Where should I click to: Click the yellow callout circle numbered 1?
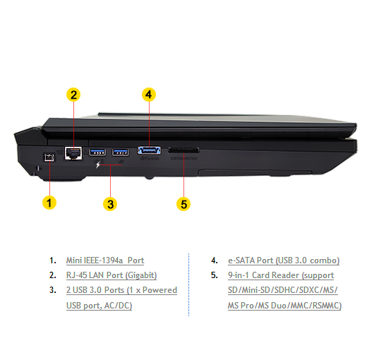(x=49, y=203)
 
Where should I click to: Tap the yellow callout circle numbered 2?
(x=73, y=95)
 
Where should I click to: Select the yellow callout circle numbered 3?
(x=110, y=204)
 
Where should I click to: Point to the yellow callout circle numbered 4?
(x=149, y=95)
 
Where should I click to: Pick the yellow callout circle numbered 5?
(x=183, y=204)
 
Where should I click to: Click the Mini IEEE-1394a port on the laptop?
(x=49, y=157)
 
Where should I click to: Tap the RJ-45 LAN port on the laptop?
(x=73, y=152)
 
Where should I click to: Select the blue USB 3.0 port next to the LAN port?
(x=97, y=152)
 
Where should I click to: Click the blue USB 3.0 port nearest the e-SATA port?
(x=121, y=152)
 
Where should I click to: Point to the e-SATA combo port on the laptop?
(x=149, y=150)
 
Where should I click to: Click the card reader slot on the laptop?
(x=183, y=150)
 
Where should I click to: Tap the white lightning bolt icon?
(x=98, y=164)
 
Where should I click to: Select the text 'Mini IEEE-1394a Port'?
(x=105, y=260)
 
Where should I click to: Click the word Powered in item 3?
(x=159, y=290)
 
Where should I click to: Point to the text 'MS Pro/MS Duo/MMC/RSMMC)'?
(x=284, y=306)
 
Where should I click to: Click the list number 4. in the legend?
(x=215, y=260)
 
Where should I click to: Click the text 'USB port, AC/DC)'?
(x=99, y=306)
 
